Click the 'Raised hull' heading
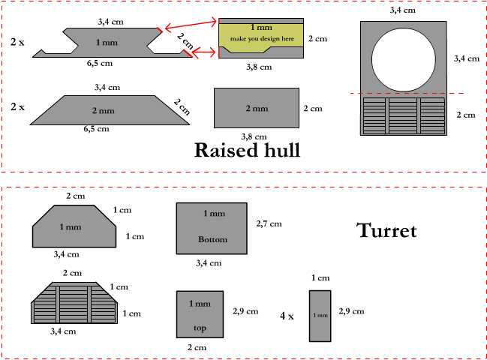coord(247,149)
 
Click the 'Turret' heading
coord(386,230)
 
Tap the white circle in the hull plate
coord(403,59)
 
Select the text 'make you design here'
coord(261,37)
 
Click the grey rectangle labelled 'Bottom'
coord(211,228)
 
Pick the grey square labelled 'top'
coord(200,314)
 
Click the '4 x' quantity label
coord(287,316)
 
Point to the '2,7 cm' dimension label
coord(269,223)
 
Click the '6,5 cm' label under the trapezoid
coord(96,129)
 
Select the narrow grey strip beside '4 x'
coord(320,316)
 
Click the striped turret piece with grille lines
coord(75,304)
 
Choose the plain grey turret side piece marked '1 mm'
coord(75,226)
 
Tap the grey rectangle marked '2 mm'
coord(256,108)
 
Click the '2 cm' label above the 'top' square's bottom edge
coord(197,348)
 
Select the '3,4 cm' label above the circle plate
coord(402,10)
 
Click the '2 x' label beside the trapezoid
coord(18,107)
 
